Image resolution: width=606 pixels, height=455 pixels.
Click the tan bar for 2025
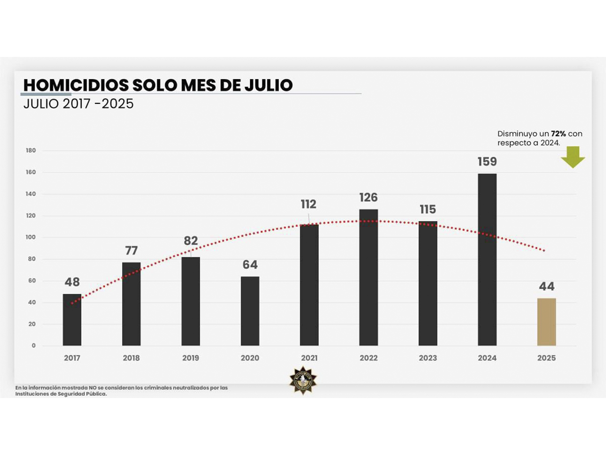pos(546,322)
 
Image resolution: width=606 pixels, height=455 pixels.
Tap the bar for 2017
pos(72,320)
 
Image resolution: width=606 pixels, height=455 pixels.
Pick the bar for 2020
pos(250,311)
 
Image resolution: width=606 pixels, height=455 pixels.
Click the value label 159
pos(487,162)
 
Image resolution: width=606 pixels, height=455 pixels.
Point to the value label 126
pos(368,197)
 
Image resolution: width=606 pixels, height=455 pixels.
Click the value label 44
pos(546,286)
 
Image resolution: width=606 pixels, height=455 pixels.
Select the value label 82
pos(191,240)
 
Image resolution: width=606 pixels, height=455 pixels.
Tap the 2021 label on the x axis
pos(309,358)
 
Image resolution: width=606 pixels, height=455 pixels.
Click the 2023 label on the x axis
pos(428,358)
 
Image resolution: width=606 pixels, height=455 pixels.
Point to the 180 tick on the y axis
pos(31,150)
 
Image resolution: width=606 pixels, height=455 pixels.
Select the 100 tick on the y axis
pos(31,237)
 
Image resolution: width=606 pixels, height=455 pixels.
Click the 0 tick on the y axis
pos(34,346)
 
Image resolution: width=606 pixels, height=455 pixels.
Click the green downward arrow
pos(573,157)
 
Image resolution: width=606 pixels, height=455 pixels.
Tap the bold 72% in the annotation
pos(558,134)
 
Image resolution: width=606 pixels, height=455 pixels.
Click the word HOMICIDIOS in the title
pos(76,85)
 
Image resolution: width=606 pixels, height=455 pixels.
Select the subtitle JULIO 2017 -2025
pos(79,104)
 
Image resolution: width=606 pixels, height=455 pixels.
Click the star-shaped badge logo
pos(303,380)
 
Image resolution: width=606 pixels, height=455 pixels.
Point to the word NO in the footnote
pos(92,388)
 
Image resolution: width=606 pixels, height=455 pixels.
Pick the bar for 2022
pos(368,277)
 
